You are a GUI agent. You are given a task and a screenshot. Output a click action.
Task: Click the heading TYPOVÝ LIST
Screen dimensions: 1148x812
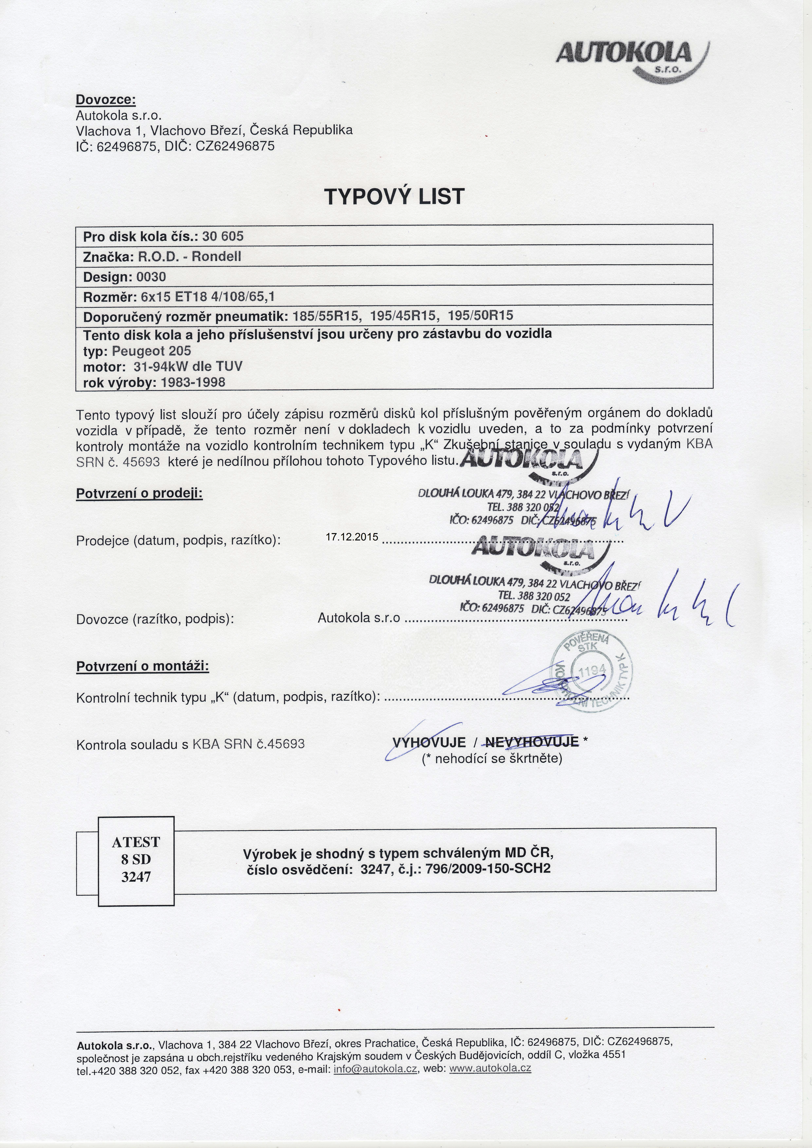click(x=395, y=197)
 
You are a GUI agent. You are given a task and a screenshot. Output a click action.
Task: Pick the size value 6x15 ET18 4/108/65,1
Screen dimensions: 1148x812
click(x=208, y=297)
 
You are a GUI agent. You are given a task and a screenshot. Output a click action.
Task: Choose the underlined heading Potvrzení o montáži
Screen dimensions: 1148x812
click(x=142, y=666)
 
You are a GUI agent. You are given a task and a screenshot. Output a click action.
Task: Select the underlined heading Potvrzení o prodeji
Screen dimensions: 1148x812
click(x=139, y=494)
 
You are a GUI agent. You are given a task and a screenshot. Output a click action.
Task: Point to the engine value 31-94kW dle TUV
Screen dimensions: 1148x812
click(x=188, y=366)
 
